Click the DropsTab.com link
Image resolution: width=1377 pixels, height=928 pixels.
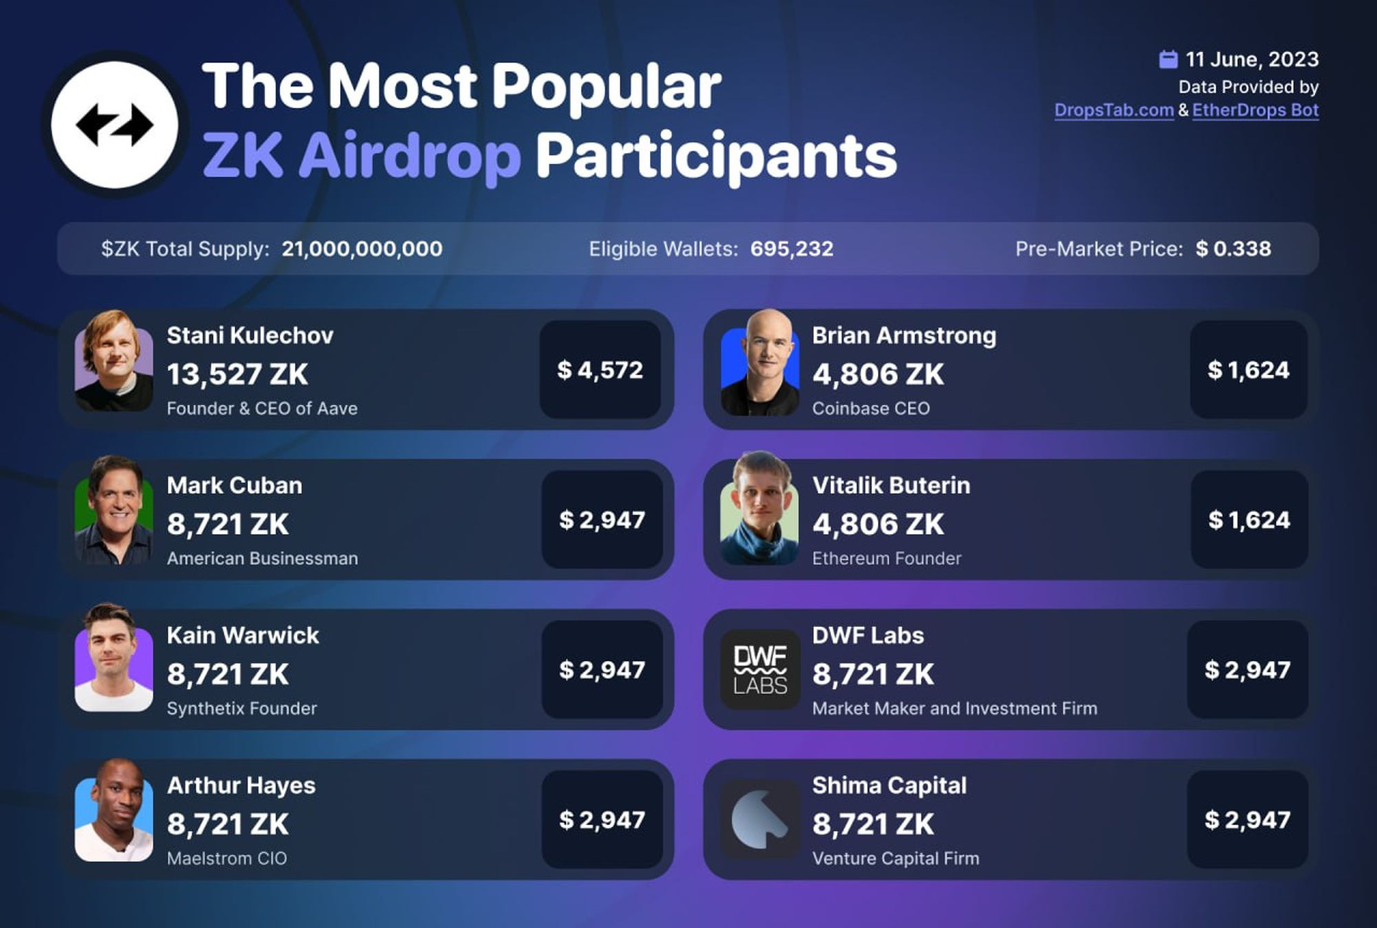coord(1113,110)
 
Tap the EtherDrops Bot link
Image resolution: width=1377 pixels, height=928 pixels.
coord(1255,110)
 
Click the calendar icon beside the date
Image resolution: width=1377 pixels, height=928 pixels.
coord(1168,60)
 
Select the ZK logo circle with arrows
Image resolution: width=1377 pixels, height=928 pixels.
coord(114,125)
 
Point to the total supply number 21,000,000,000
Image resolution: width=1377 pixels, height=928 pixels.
coord(362,249)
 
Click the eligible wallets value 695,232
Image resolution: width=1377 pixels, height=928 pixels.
coord(792,249)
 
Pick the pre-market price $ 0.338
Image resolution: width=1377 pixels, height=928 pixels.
coord(1233,249)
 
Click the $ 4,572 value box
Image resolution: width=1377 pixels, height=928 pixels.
coord(600,370)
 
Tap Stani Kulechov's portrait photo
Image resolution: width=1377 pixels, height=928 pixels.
coord(114,362)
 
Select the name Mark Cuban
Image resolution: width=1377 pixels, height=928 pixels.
coord(234,486)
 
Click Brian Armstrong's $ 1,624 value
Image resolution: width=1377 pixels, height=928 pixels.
coord(1248,370)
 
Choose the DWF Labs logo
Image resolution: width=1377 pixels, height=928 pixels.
coord(760,670)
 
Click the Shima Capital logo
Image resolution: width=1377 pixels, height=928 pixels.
coord(760,819)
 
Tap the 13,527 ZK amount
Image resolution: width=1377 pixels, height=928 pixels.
coord(238,375)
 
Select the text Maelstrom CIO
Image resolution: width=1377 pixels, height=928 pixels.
coord(227,858)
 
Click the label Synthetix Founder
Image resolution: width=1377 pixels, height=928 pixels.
coord(242,708)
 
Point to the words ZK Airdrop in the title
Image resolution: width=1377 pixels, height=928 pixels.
coord(361,156)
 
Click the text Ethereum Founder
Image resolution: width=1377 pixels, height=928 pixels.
coord(887,558)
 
